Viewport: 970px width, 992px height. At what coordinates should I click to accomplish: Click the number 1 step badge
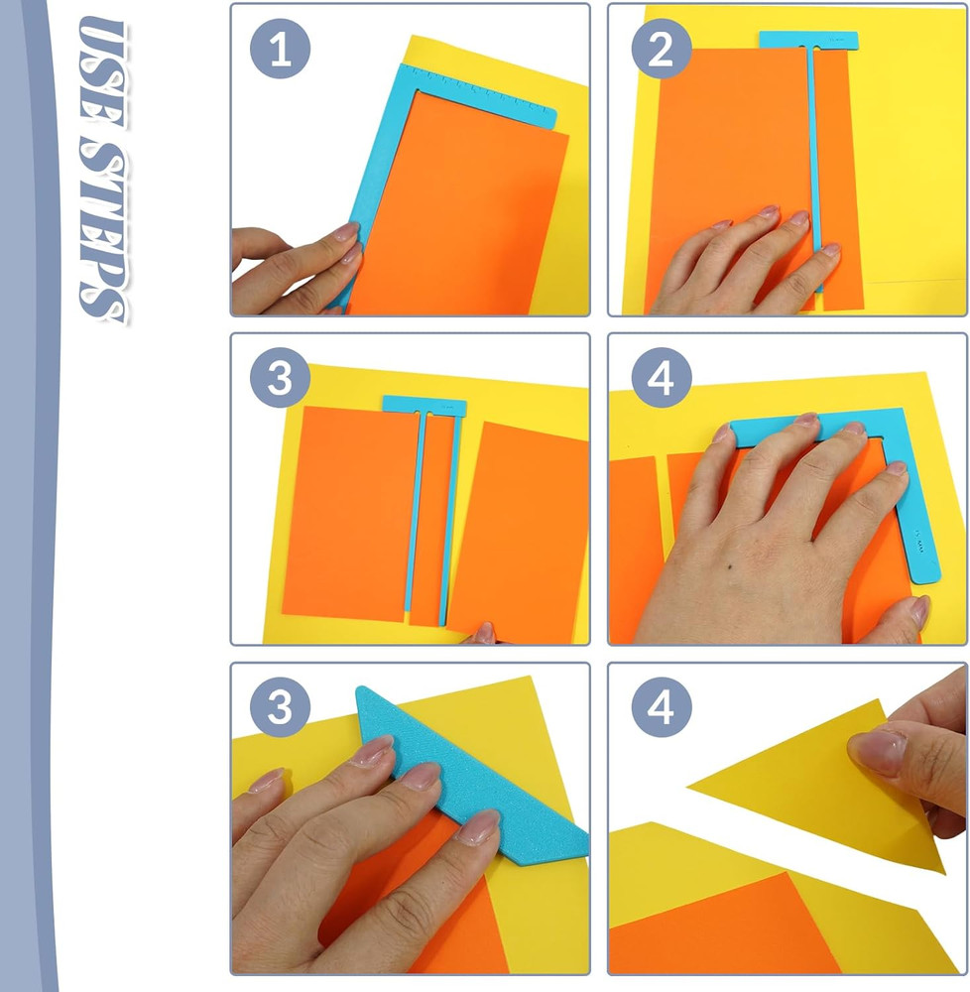click(281, 50)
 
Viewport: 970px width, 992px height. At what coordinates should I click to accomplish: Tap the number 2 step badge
click(661, 50)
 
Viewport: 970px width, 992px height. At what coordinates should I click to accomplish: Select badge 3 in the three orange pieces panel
click(281, 379)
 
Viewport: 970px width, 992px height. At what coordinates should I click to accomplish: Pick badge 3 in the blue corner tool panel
click(281, 708)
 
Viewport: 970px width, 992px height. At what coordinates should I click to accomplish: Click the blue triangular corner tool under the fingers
click(466, 784)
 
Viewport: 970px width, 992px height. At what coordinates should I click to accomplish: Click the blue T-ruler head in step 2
click(808, 41)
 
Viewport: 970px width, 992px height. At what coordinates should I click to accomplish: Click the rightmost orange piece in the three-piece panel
click(521, 526)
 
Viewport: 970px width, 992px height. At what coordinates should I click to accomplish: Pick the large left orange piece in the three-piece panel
click(347, 511)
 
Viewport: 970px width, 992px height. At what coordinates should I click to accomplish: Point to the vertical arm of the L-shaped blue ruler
click(920, 516)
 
